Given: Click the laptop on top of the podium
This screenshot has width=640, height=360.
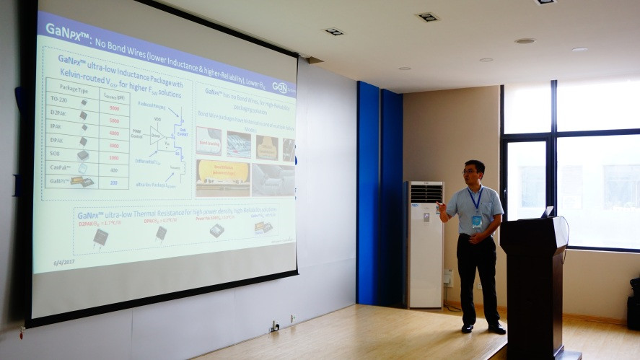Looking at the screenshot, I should tap(548, 212).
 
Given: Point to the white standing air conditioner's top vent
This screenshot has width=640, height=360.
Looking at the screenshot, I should tap(426, 193).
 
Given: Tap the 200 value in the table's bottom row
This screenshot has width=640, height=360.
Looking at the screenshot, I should tap(113, 183).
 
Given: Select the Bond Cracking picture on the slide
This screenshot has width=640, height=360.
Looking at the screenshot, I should tap(209, 141).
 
